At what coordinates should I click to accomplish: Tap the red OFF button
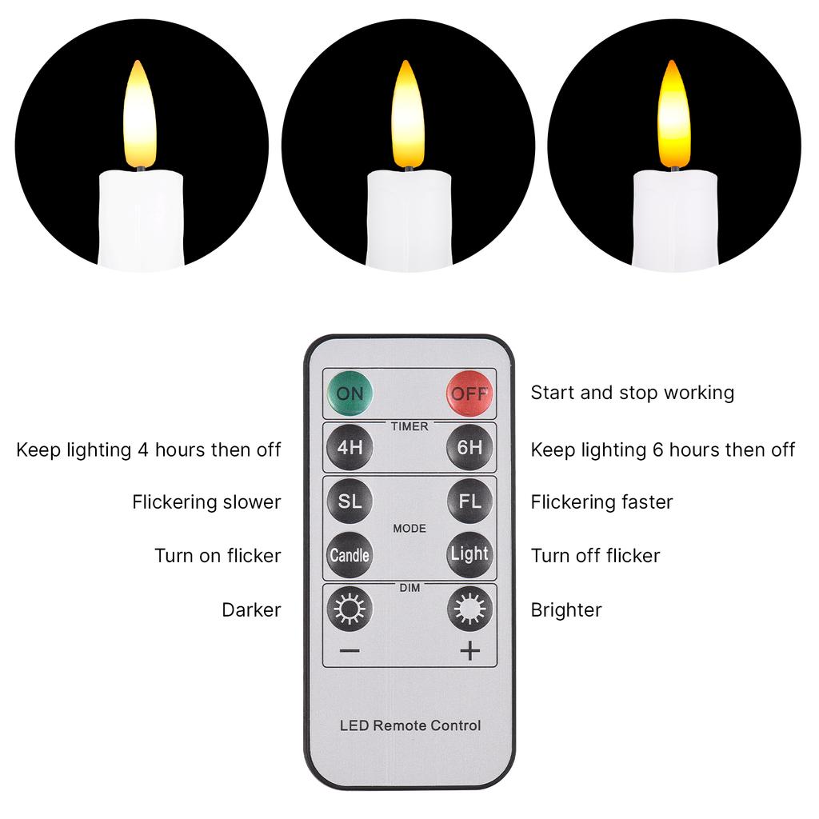(x=469, y=393)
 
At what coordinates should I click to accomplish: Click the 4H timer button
(x=350, y=447)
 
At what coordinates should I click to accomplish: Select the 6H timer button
(x=469, y=447)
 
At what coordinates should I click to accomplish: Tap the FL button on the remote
(x=469, y=501)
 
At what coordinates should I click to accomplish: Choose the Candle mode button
(x=350, y=554)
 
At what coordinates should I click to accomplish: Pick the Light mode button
(x=469, y=553)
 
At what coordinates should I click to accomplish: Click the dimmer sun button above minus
(x=350, y=609)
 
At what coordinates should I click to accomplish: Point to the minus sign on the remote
(x=350, y=651)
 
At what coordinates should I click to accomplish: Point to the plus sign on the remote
(x=469, y=651)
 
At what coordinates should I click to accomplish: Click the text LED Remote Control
(x=410, y=726)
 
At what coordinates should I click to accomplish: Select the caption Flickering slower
(x=206, y=502)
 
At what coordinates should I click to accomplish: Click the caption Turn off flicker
(x=595, y=555)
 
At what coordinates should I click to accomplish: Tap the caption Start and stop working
(x=632, y=393)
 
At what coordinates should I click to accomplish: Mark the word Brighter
(x=565, y=610)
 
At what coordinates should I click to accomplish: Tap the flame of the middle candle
(x=407, y=116)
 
